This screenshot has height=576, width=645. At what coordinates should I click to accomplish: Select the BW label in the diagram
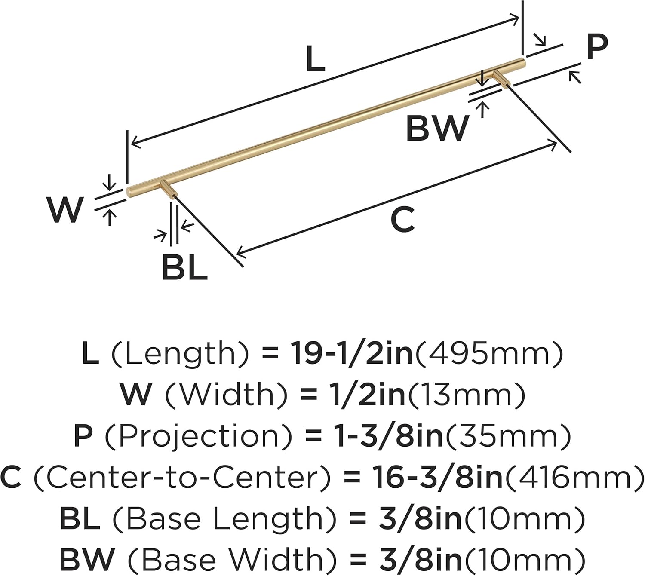437,128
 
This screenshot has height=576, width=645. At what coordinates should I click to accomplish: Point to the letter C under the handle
402,220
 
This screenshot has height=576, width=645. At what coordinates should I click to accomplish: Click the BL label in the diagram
184,267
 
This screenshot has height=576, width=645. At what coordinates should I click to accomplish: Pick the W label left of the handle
65,210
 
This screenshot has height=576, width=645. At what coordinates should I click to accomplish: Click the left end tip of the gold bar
129,192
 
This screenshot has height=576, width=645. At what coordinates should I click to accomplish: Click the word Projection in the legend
198,436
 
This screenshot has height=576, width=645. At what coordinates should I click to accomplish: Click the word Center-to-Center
183,478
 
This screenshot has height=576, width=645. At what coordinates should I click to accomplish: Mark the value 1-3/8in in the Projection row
389,436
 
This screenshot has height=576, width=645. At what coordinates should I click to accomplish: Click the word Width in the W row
226,395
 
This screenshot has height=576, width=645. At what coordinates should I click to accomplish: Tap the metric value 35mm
508,436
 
